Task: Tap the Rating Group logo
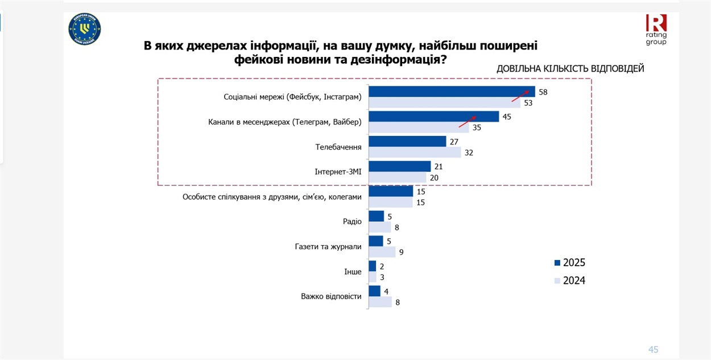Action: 656,30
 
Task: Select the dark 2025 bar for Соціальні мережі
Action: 452,92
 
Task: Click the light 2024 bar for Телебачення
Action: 415,152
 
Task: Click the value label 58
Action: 543,92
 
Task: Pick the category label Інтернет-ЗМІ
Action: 338,172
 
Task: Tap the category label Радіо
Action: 353,221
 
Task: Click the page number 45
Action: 653,350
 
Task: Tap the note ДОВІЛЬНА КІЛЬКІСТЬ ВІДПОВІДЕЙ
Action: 570,69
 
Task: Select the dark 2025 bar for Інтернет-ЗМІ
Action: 399,166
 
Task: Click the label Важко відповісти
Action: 331,296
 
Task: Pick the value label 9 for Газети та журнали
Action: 401,253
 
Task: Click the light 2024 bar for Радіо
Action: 380,227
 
